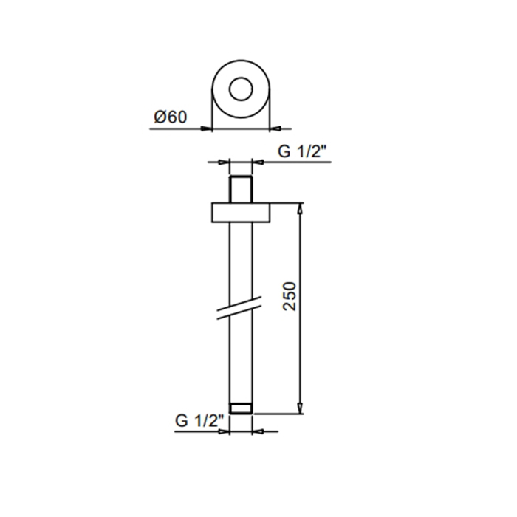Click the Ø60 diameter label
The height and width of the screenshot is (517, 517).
[x=171, y=117]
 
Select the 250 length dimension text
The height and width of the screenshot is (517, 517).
[x=290, y=296]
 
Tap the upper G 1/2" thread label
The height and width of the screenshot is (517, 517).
[x=301, y=151]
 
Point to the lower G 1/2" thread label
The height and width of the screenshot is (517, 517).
[x=199, y=421]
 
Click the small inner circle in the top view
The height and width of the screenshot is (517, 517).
[x=241, y=78]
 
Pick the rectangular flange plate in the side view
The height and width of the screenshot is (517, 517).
[x=241, y=213]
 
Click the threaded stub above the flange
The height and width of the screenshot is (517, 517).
[x=241, y=189]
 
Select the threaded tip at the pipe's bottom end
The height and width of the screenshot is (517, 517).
[x=241, y=408]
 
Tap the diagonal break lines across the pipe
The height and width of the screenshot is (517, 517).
[x=239, y=308]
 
